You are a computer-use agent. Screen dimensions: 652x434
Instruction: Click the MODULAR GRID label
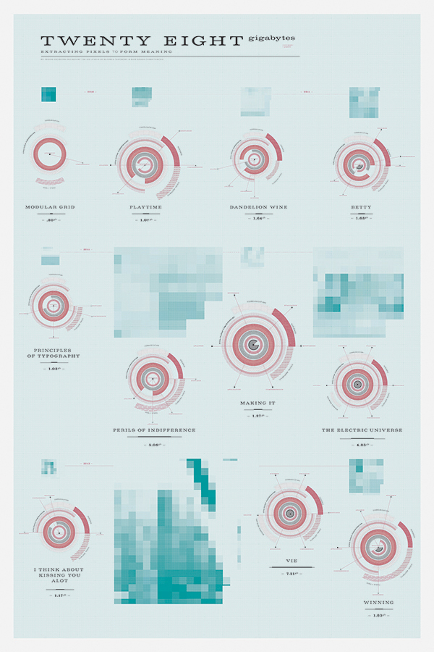point(50,206)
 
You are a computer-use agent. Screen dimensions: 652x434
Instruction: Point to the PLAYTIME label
point(146,206)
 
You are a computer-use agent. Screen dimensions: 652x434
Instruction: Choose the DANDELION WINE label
point(258,206)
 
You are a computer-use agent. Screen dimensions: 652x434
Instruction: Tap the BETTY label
point(362,206)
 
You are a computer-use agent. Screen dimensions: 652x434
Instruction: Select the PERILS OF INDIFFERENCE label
point(154,430)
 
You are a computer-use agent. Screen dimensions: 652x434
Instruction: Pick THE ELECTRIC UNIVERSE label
point(362,430)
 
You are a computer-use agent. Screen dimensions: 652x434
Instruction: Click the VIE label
point(292,561)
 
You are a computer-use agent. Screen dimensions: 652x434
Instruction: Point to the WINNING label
point(379,602)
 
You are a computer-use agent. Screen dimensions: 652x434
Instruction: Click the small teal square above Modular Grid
point(49,95)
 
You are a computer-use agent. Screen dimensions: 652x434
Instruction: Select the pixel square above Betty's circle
point(365,102)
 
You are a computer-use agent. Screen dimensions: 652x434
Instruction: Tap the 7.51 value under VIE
point(292,574)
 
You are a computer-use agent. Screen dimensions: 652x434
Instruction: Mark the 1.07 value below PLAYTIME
point(146,220)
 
